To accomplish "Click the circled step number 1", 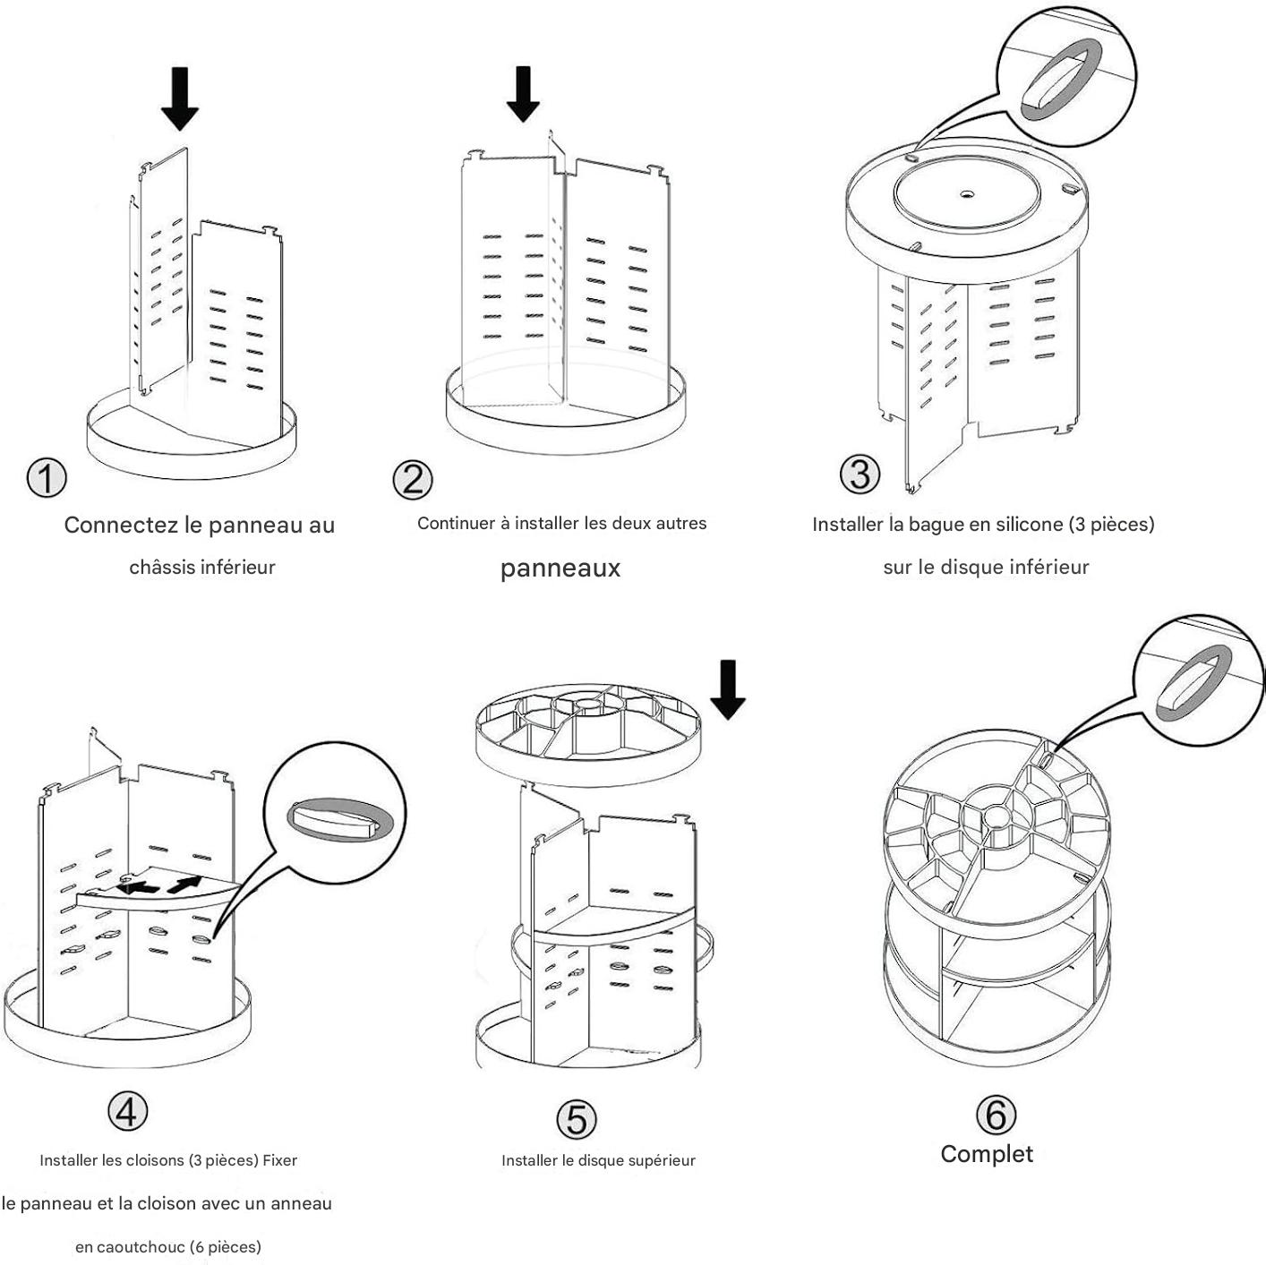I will pyautogui.click(x=47, y=478).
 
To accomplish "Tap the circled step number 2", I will pyautogui.click(x=413, y=480).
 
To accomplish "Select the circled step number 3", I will pyautogui.click(x=860, y=474).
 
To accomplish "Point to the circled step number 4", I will pyautogui.click(x=127, y=1111).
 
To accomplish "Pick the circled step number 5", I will pyautogui.click(x=576, y=1118).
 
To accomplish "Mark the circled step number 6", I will pyautogui.click(x=996, y=1115).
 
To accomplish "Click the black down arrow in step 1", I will pyautogui.click(x=180, y=98).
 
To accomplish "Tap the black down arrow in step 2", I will pyautogui.click(x=523, y=93).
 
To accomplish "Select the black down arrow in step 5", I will pyautogui.click(x=728, y=688).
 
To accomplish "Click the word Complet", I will pyautogui.click(x=987, y=1154).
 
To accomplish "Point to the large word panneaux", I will pyautogui.click(x=560, y=568).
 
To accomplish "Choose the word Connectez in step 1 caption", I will pyautogui.click(x=122, y=526).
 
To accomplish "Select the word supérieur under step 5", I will pyautogui.click(x=662, y=1161).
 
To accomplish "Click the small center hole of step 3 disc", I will pyautogui.click(x=967, y=193).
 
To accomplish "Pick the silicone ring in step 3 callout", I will pyautogui.click(x=1060, y=81).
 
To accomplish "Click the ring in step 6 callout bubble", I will pyautogui.click(x=1194, y=685).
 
